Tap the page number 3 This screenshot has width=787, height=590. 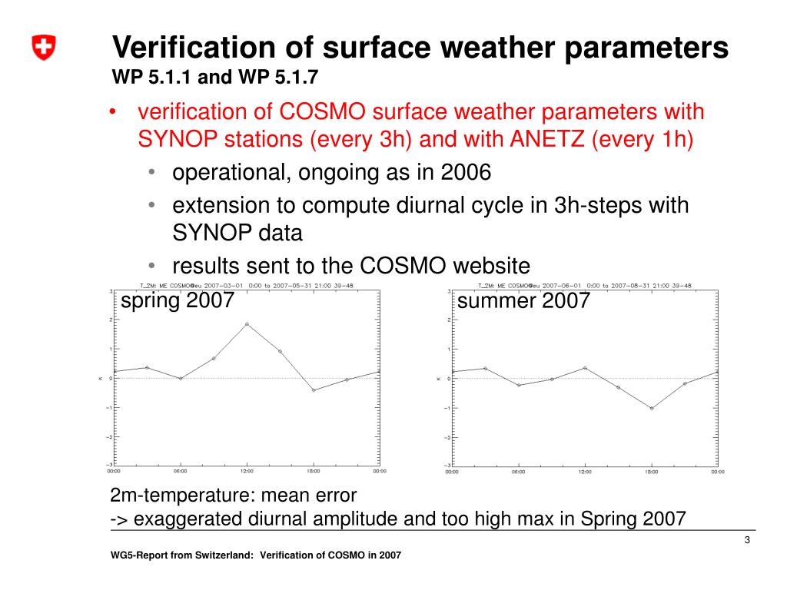pos(746,544)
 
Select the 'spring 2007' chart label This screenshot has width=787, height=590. pos(178,300)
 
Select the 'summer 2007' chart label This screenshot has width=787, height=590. pos(523,300)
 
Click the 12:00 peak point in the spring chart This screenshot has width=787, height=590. pos(247,323)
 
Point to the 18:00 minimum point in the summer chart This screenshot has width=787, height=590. pos(652,408)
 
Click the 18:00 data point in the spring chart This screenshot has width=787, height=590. pos(314,390)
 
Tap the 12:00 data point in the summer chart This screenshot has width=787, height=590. pos(585,368)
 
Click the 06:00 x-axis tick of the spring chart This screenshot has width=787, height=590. pos(181,471)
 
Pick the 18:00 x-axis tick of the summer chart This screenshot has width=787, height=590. pos(652,471)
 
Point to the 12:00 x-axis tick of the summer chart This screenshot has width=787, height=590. pos(585,471)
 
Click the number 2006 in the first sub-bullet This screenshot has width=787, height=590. pos(466,171)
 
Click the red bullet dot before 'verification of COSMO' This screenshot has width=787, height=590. pos(112,112)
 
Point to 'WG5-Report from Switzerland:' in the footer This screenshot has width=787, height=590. pos(182,555)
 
